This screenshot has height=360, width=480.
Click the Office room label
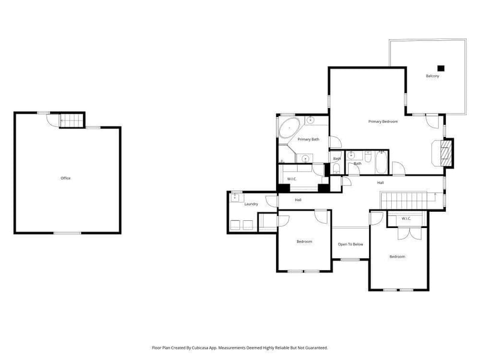(x=65, y=178)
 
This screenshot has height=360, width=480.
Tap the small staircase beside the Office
(x=71, y=121)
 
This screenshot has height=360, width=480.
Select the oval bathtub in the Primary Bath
(x=289, y=128)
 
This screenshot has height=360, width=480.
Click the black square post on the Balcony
(x=441, y=68)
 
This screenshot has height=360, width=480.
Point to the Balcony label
(x=432, y=76)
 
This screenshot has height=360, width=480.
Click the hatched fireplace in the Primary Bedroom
(x=446, y=153)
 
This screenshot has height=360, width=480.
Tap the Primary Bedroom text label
(x=383, y=122)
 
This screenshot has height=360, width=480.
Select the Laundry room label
(x=251, y=204)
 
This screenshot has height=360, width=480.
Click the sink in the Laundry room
(x=235, y=197)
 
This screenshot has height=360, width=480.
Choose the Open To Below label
(x=350, y=244)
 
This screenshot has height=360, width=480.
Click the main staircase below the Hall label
(x=404, y=200)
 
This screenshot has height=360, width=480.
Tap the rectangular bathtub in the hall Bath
(x=382, y=162)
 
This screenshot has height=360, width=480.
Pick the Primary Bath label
(x=308, y=139)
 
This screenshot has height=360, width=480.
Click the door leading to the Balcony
(x=432, y=121)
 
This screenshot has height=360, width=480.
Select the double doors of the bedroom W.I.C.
(x=410, y=233)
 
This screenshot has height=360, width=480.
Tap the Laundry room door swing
(x=272, y=202)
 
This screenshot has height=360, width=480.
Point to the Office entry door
(x=53, y=120)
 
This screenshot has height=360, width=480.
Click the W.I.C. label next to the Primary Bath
(x=292, y=179)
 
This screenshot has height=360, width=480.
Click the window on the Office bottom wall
(x=67, y=233)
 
